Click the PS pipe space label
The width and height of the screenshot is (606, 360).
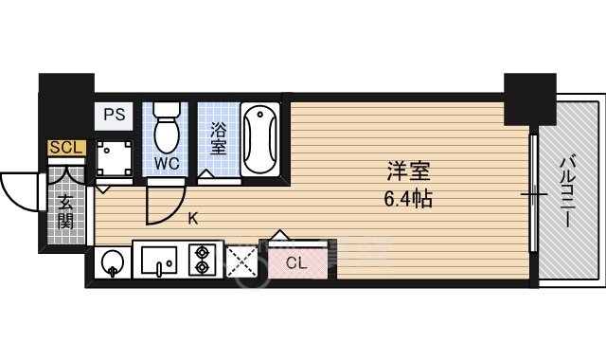115,115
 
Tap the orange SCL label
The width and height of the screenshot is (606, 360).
66,148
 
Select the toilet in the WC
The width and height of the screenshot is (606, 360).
167,127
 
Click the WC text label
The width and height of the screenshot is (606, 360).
167,164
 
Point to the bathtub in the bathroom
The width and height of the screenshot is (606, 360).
260,139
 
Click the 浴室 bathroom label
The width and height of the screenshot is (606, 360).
219,139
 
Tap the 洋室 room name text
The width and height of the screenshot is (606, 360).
408,171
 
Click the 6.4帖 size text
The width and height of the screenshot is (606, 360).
408,199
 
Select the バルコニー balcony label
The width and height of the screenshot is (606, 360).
566,191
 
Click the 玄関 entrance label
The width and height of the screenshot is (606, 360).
65,213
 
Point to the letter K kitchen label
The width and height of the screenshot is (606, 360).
193,219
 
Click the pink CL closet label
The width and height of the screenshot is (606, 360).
296,263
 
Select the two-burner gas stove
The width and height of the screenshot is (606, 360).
202,260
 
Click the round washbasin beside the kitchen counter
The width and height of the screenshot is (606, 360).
112,263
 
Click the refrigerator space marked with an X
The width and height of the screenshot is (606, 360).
241,261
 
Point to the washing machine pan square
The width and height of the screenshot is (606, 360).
114,158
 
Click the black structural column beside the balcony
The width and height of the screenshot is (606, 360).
530,99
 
